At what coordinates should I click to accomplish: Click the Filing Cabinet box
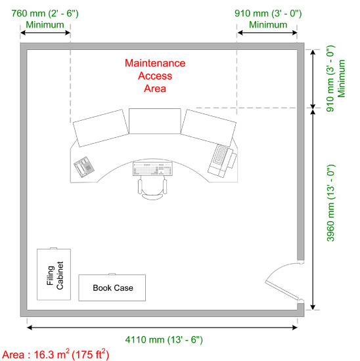pyautogui.click(x=54, y=274)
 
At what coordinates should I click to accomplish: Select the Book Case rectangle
pyautogui.click(x=112, y=287)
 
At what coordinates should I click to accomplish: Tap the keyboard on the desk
pyautogui.click(x=152, y=169)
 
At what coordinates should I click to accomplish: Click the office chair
pyautogui.click(x=152, y=188)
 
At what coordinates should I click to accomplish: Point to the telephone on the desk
pyautogui.click(x=84, y=167)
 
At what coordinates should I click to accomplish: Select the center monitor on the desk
pyautogui.click(x=154, y=121)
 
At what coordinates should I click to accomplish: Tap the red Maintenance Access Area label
pyautogui.click(x=155, y=75)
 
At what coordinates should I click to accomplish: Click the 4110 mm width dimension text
pyautogui.click(x=164, y=339)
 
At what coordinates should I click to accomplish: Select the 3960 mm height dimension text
pyautogui.click(x=330, y=203)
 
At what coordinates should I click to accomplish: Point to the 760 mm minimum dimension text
pyautogui.click(x=45, y=19)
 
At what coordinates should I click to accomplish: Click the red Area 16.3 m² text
pyautogui.click(x=56, y=354)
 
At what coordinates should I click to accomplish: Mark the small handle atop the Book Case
pyautogui.click(x=112, y=274)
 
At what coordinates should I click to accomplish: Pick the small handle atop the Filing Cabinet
pyautogui.click(x=53, y=248)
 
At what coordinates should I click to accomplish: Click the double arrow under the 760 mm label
pyautogui.click(x=45, y=33)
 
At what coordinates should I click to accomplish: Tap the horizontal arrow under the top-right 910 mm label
pyautogui.click(x=267, y=33)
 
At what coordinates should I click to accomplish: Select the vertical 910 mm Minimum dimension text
pyautogui.click(x=336, y=79)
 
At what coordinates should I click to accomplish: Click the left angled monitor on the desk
pyautogui.click(x=101, y=128)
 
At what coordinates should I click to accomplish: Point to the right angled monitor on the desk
pyautogui.click(x=208, y=128)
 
